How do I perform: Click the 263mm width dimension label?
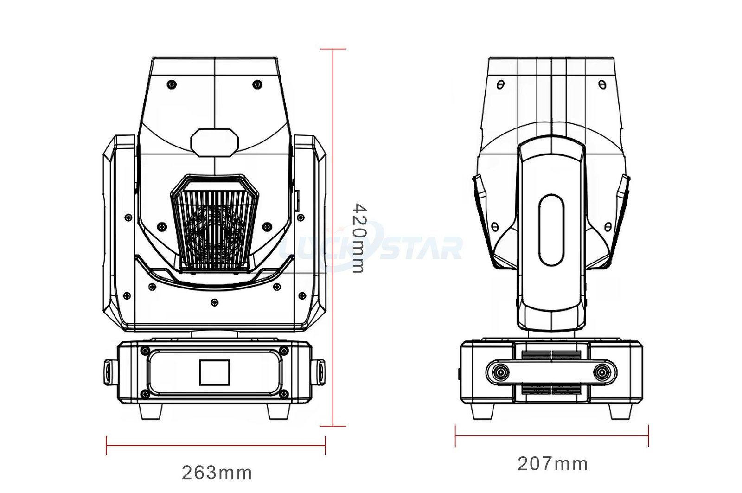pyautogui.click(x=217, y=473)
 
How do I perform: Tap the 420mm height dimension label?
pyautogui.click(x=359, y=238)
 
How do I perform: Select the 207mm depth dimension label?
pyautogui.click(x=552, y=463)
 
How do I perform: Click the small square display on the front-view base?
pyautogui.click(x=214, y=372)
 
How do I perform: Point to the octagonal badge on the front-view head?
pyautogui.click(x=214, y=142)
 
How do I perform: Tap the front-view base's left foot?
pyautogui.click(x=151, y=411)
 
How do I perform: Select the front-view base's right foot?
pyautogui.click(x=279, y=411)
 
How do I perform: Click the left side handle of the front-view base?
pyautogui.click(x=111, y=372)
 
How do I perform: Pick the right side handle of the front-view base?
pyautogui.click(x=318, y=372)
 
